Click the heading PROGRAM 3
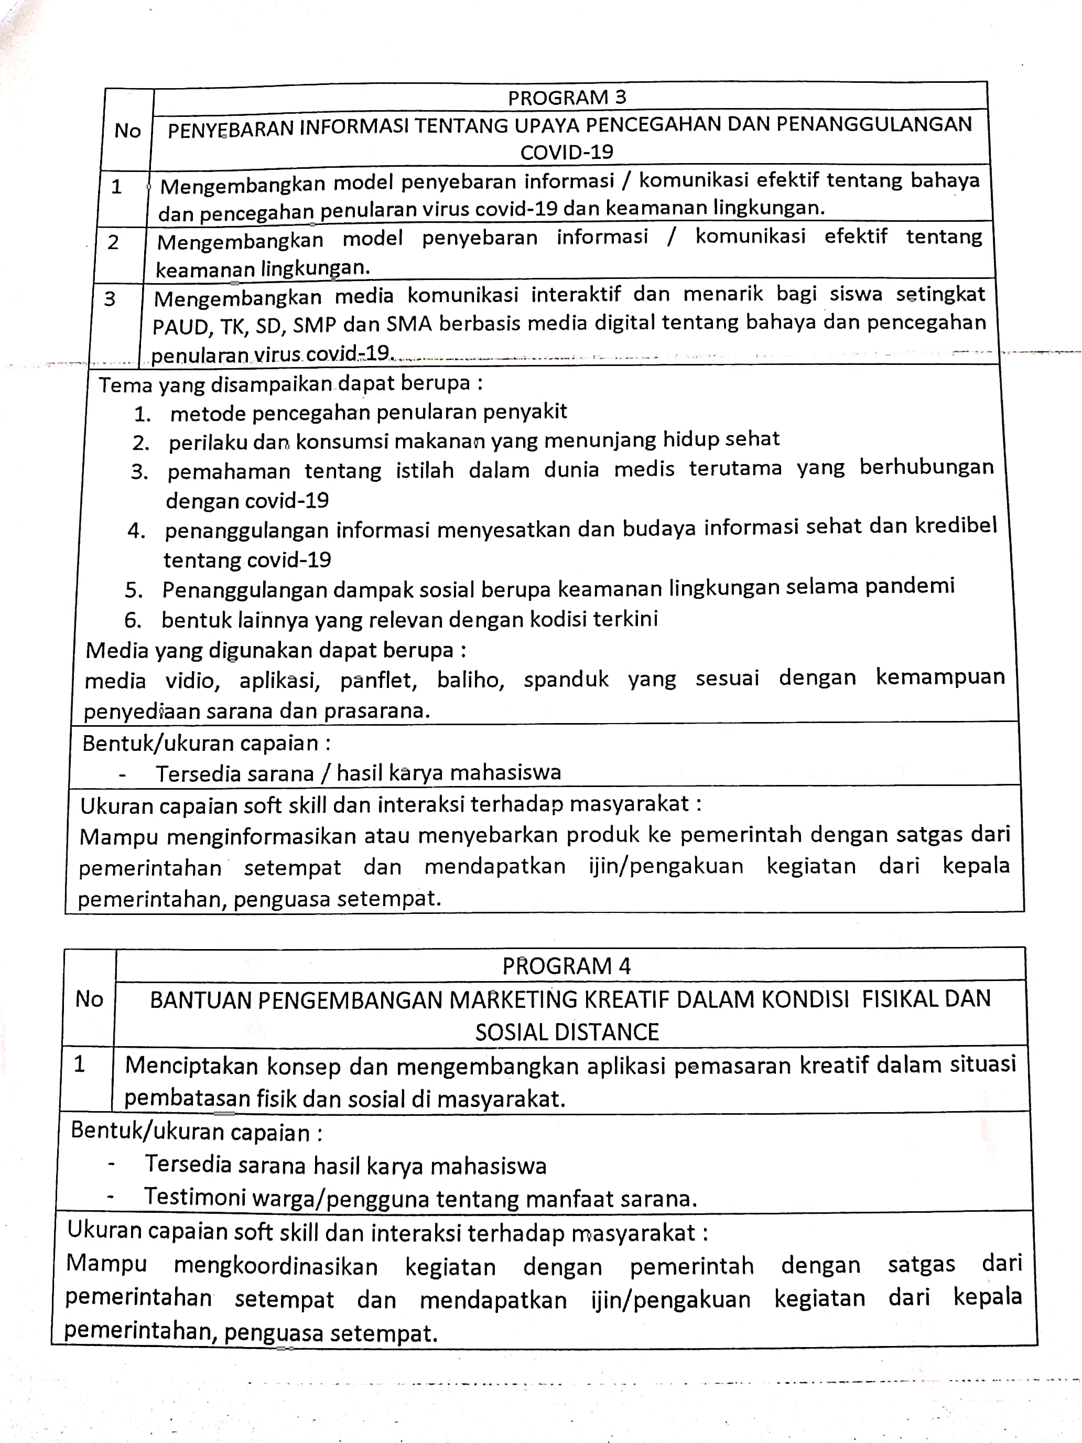pos(566,98)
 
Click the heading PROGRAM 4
pos(566,965)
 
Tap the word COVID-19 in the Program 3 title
pos(566,152)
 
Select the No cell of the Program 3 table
pos(127,131)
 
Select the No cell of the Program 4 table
pos(89,999)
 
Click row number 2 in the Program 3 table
pos(113,242)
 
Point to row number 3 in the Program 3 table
pos(110,299)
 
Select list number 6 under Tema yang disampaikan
pos(133,620)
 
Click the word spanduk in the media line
pos(566,679)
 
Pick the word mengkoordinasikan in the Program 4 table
pos(275,1266)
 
